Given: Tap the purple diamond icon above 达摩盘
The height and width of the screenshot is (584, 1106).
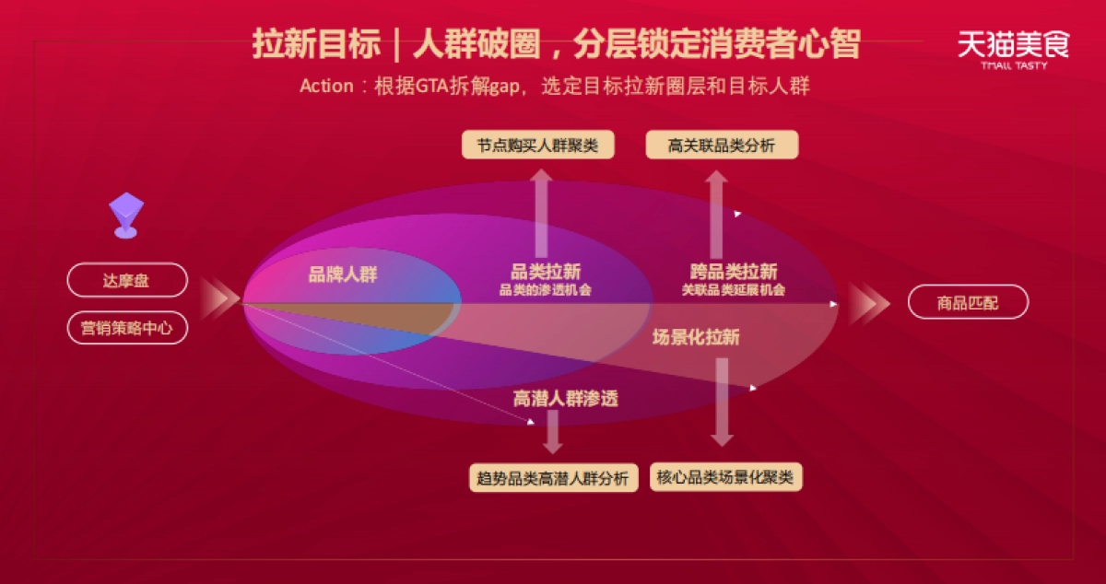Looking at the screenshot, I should (x=126, y=215).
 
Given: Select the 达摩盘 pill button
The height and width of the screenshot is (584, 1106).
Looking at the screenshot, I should (x=127, y=281).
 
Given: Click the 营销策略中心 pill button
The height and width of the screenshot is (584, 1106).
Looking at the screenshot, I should (x=127, y=328).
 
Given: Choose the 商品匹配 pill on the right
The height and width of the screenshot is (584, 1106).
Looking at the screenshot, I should (x=968, y=302).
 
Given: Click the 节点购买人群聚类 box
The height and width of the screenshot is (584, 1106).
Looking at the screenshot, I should (x=537, y=146).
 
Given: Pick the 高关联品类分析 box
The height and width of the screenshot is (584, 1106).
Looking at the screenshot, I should (x=722, y=146).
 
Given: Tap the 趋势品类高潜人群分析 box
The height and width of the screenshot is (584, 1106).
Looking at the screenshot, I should (x=553, y=478).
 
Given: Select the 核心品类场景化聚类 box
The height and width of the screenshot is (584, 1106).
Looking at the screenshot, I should (x=726, y=477).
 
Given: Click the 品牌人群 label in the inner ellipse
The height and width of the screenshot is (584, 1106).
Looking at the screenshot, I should (x=343, y=274).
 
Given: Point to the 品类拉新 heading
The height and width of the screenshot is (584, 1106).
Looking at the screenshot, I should (x=546, y=272).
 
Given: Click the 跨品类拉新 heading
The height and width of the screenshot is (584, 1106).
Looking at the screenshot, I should (x=734, y=272).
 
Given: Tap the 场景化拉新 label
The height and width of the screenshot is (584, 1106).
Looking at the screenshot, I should (x=696, y=337).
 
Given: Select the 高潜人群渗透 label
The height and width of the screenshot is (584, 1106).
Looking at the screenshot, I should (x=565, y=398).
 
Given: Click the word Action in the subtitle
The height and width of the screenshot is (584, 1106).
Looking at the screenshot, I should (x=326, y=86).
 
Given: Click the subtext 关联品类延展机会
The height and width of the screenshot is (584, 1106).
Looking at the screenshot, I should (x=734, y=290).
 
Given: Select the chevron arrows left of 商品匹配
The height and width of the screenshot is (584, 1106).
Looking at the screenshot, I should (x=869, y=303).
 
